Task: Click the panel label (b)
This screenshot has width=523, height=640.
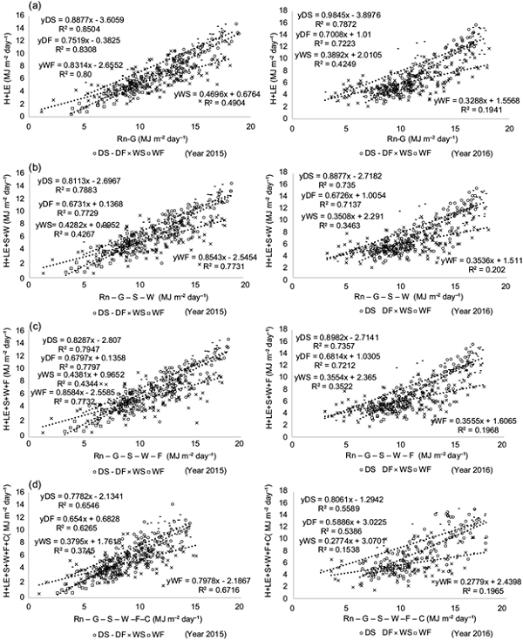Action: [x=12, y=165]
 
